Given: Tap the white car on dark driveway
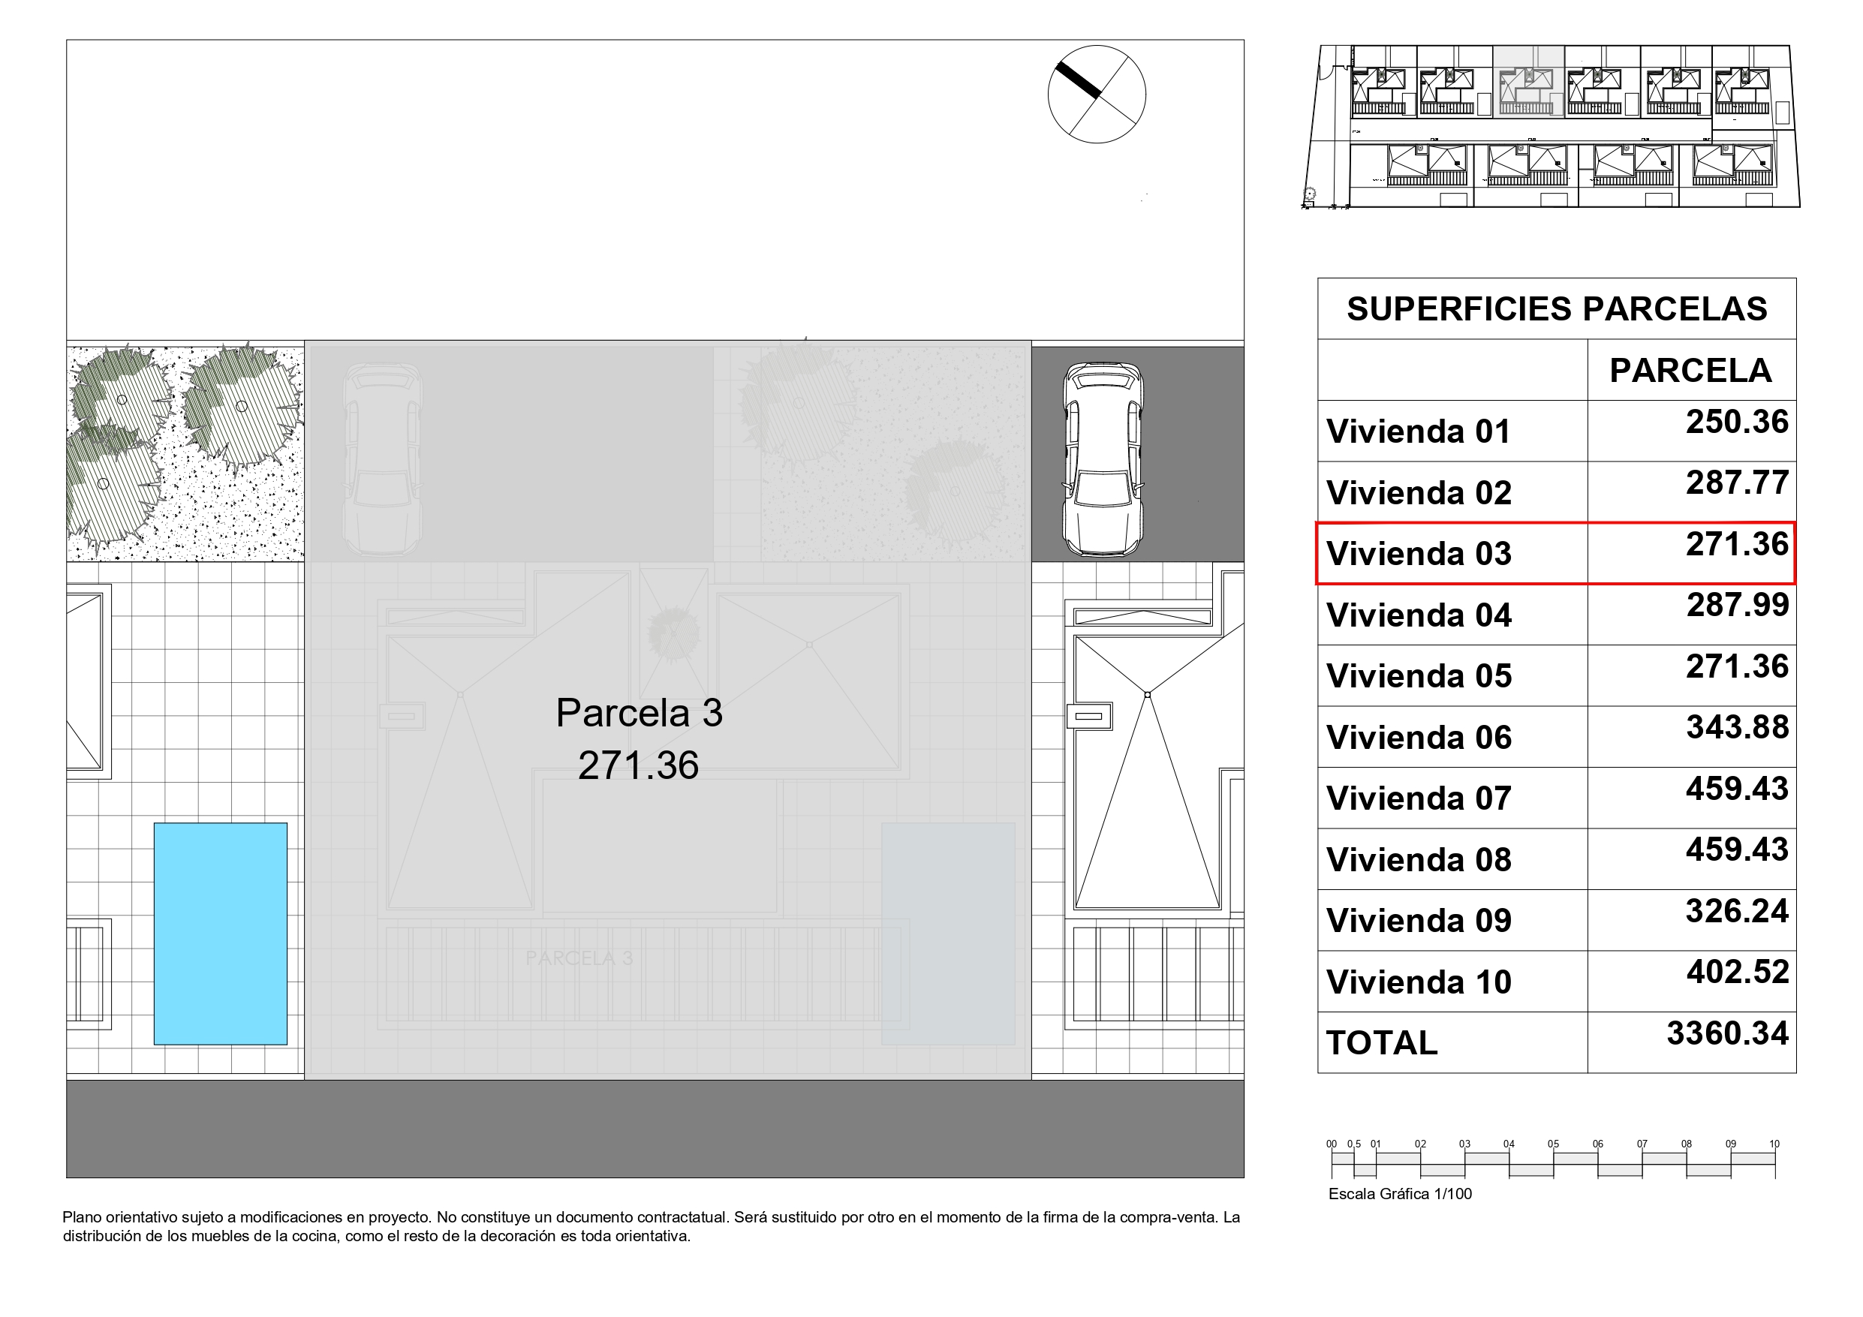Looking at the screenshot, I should (1103, 459).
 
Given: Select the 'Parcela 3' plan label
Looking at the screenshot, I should (639, 713).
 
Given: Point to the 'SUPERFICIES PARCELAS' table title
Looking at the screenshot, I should (1556, 309).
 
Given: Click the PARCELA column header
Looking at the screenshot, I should (1690, 371).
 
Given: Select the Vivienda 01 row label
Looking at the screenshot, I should (1419, 431).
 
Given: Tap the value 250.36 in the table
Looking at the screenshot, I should (1736, 422).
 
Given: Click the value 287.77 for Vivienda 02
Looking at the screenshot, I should (1736, 483).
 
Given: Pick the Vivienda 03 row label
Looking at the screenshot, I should (1419, 555).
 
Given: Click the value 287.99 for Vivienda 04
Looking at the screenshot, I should (1736, 606).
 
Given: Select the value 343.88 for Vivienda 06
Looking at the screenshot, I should (1736, 728).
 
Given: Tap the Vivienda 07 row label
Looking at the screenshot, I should (1419, 798).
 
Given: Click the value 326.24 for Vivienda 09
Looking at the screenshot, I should (1736, 911).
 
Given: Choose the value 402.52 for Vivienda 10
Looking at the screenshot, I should (1736, 972).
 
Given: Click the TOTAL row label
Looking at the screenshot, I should (1381, 1044).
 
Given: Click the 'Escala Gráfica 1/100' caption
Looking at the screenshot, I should (1400, 1194).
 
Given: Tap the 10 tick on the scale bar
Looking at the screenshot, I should (1774, 1144).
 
